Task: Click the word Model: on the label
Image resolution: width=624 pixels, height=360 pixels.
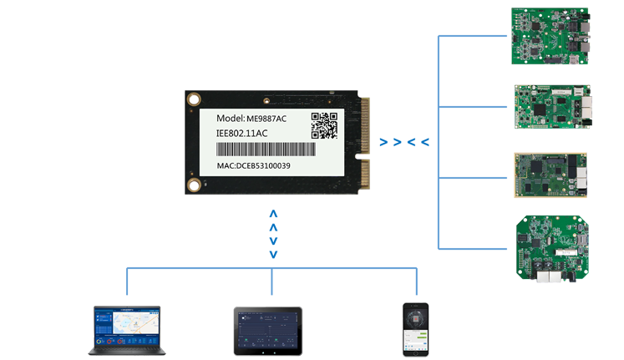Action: point(230,118)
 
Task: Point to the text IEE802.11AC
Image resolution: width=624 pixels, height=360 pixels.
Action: point(242,133)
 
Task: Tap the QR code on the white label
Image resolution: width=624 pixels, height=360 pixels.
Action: point(324,125)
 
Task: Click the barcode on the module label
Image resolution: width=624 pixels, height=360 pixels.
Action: point(266,150)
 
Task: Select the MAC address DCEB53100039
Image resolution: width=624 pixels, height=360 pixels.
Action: point(255,165)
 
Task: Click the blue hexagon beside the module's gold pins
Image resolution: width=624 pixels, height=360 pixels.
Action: point(403,139)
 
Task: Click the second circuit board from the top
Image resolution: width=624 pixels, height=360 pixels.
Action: point(551,108)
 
